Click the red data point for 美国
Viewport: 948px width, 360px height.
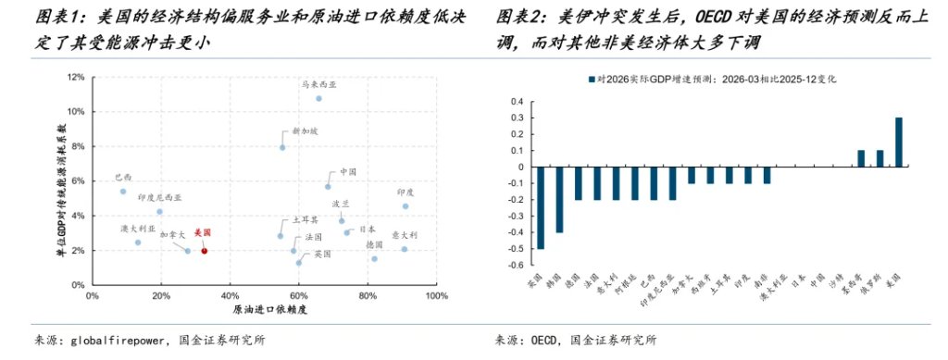tap(205, 251)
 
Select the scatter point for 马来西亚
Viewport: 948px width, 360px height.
tap(318, 98)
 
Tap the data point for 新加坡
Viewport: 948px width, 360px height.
tap(282, 147)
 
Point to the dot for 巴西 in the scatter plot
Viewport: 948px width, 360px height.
tap(122, 192)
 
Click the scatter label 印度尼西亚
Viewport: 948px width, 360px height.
tap(159, 198)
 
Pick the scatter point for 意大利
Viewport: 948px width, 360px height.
tap(405, 249)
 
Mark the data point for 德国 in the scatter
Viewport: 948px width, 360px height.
tap(374, 258)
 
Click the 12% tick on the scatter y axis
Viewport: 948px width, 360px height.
tap(77, 77)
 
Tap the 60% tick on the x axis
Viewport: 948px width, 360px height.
tap(299, 296)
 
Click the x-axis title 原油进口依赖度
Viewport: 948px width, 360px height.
tap(264, 309)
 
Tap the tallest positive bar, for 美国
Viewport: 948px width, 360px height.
tap(898, 143)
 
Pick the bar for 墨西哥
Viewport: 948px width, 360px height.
tap(860, 158)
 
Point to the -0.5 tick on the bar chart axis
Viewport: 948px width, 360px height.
tap(515, 249)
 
